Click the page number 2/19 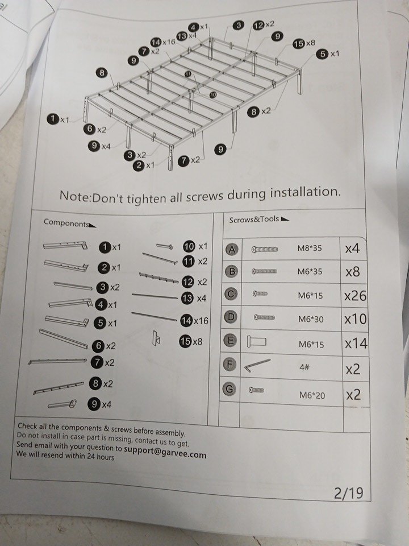[x=348, y=493]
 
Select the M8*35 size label [x=310, y=249]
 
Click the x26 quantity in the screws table [x=355, y=296]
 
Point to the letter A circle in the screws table [x=232, y=249]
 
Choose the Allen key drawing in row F [x=257, y=365]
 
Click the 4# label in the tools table [x=304, y=367]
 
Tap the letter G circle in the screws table [x=229, y=388]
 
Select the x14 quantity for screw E [x=356, y=344]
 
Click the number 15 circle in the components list [x=186, y=341]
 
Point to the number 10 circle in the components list [x=189, y=246]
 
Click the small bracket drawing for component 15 [x=157, y=338]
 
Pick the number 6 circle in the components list [x=98, y=346]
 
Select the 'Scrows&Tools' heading [x=254, y=220]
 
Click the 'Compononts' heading [x=66, y=223]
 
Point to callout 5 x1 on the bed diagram [x=328, y=54]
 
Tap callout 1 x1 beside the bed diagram [x=58, y=119]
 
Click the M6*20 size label [x=312, y=395]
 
